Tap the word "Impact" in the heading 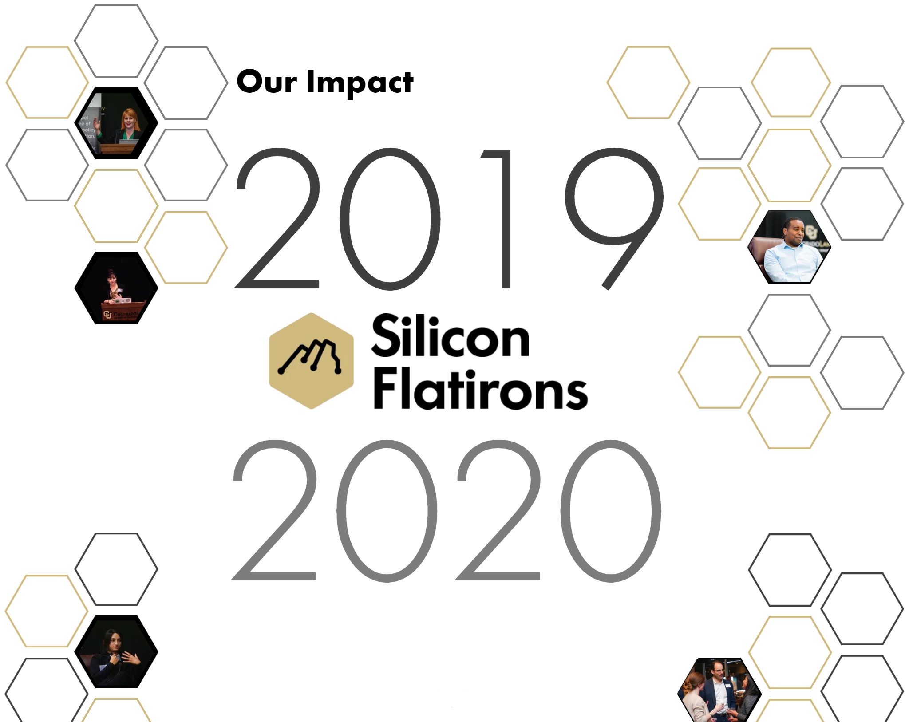[x=360, y=83]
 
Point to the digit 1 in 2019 [x=499, y=219]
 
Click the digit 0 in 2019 [x=390, y=219]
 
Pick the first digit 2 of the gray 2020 [x=275, y=510]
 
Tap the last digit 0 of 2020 [x=611, y=511]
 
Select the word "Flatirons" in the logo [x=481, y=387]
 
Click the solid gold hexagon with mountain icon [x=311, y=361]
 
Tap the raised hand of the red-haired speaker [x=96, y=124]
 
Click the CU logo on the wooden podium [x=107, y=315]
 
